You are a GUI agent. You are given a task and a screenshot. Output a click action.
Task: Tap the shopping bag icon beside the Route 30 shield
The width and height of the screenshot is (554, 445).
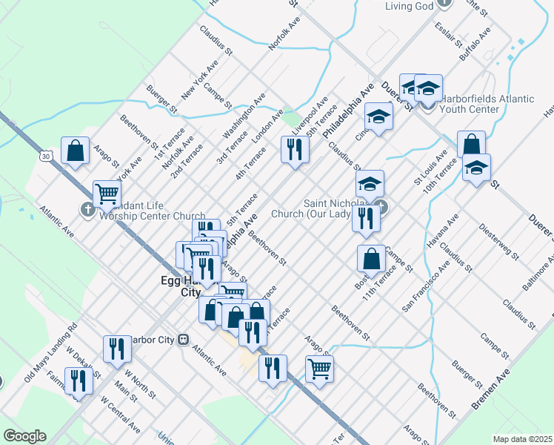click(x=75, y=151)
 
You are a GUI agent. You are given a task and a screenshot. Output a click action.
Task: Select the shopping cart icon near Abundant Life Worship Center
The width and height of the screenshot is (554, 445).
click(x=107, y=194)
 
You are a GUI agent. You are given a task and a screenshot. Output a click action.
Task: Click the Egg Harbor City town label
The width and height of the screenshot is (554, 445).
click(x=181, y=286)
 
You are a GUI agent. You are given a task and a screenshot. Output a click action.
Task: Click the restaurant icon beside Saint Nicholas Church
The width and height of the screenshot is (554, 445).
click(x=366, y=218)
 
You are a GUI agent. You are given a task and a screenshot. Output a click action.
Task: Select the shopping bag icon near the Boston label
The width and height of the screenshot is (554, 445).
click(x=371, y=259)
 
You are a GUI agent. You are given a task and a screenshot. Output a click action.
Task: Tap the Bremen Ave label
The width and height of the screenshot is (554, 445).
click(x=491, y=390)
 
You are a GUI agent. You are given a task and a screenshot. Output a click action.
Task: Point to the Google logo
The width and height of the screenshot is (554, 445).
click(x=24, y=436)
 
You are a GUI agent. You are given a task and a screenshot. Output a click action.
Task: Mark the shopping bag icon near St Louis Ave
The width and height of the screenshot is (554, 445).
click(x=471, y=145)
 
